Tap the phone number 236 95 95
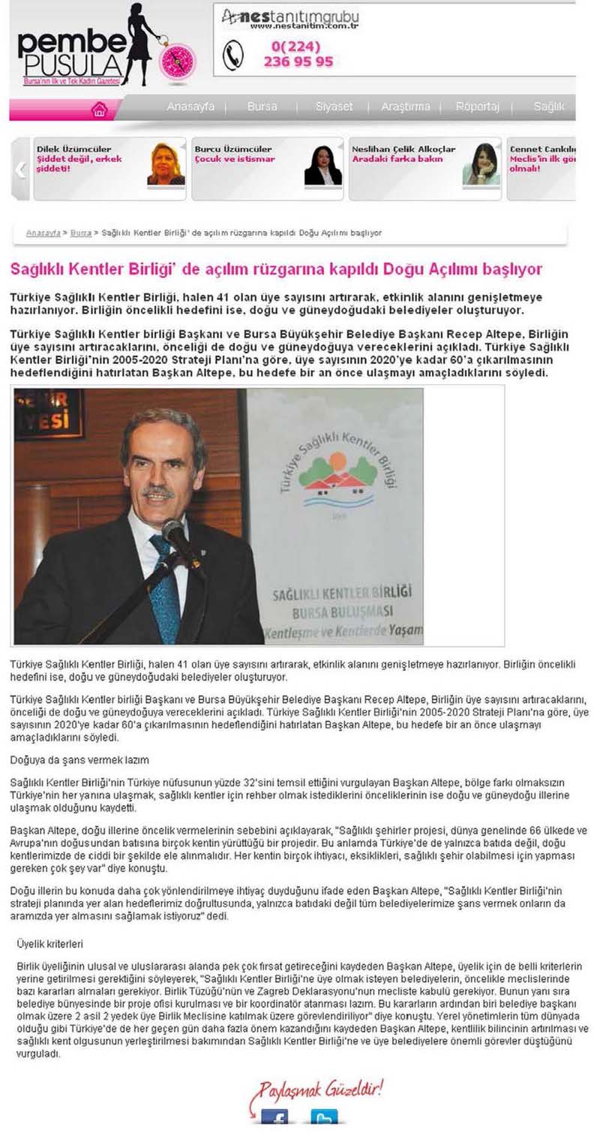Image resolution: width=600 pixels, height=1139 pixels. tap(298, 62)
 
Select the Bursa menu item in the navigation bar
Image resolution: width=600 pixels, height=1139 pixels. tap(262, 107)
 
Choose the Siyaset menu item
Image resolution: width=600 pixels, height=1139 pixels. tap(334, 107)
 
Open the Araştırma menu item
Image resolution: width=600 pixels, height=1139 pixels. tap(406, 107)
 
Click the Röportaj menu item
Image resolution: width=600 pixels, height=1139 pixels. tap(478, 107)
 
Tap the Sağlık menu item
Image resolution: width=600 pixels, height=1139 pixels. tap(549, 107)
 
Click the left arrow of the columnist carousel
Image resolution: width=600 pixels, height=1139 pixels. tap(21, 169)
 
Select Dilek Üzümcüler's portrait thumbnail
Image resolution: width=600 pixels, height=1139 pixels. tap(166, 164)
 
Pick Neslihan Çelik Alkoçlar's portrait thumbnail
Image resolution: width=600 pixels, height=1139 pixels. tap(481, 164)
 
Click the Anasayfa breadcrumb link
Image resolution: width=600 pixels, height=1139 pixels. tap(43, 233)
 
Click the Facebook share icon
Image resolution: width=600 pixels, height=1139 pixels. tap(275, 1116)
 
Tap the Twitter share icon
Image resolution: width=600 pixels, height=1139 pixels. tap(324, 1116)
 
